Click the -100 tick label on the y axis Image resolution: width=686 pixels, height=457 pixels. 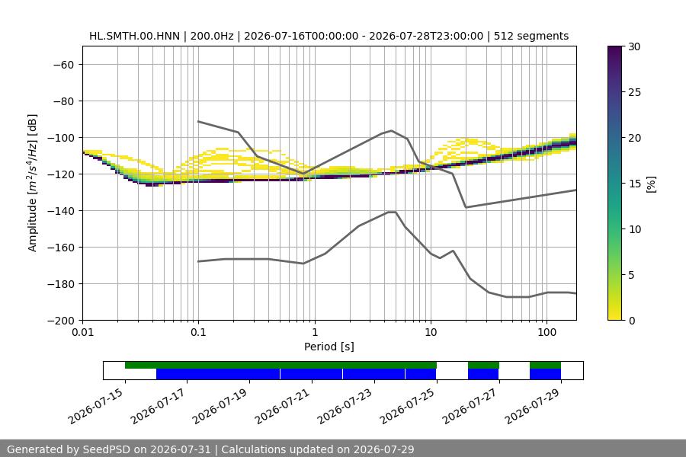pos(63,138)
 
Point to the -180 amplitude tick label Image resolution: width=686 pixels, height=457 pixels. pos(63,284)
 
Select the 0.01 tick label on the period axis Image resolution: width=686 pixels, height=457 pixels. pos(82,332)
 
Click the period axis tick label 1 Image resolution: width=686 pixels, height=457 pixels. pos(315,332)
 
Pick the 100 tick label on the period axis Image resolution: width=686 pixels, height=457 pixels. pos(547,332)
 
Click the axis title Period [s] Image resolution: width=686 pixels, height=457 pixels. pos(329,347)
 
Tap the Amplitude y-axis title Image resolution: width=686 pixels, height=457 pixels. pos(32,183)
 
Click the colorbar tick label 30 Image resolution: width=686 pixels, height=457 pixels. pos(634,46)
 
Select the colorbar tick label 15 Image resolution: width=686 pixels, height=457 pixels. pos(634,184)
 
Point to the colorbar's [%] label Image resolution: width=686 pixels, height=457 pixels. pos(652,184)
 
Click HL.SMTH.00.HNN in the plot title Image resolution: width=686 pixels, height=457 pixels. pos(134,37)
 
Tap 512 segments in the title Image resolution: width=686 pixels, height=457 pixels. pos(531,37)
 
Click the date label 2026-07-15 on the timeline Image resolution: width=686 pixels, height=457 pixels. pos(95,406)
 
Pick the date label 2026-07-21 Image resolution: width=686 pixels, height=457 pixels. pos(282,406)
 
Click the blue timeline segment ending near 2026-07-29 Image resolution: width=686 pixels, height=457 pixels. pos(545,374)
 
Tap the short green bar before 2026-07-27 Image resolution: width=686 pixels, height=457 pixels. pos(483,365)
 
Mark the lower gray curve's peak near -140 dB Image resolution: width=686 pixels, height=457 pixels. pos(392,212)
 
